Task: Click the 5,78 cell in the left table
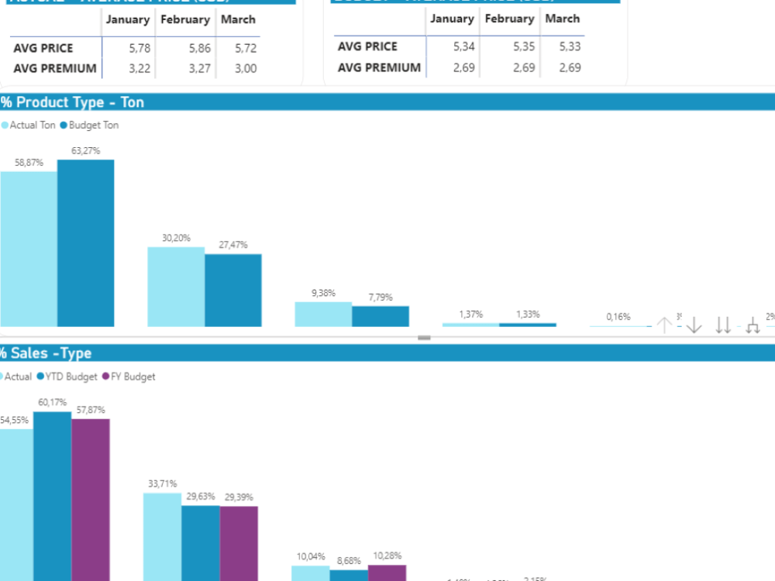140,48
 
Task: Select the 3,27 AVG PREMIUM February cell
199,68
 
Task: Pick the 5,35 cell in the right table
524,46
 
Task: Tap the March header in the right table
562,19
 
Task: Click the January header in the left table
128,19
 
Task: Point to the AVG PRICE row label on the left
43,48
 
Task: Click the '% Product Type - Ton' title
72,102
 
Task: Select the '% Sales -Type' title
46,353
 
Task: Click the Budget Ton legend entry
93,125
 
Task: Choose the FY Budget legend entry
133,376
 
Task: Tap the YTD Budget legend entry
71,376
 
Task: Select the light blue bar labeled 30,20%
176,287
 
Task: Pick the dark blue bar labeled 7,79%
380,316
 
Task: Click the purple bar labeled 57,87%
91,500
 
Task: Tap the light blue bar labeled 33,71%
162,536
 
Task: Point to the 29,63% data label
200,497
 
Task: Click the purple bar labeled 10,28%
387,572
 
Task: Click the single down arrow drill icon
694,325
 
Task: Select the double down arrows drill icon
723,325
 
